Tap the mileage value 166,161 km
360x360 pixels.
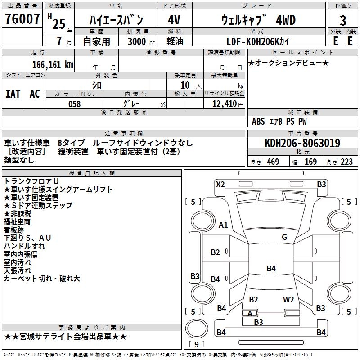53,64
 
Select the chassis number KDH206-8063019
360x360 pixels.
302,143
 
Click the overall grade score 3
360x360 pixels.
343,21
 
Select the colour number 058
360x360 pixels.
74,104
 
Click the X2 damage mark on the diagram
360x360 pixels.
220,184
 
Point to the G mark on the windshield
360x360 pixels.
284,237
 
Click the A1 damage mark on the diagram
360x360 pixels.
223,225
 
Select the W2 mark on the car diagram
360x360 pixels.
288,299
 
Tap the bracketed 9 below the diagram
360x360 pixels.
197,345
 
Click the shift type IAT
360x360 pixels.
13,94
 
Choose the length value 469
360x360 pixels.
273,162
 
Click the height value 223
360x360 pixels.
346,162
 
